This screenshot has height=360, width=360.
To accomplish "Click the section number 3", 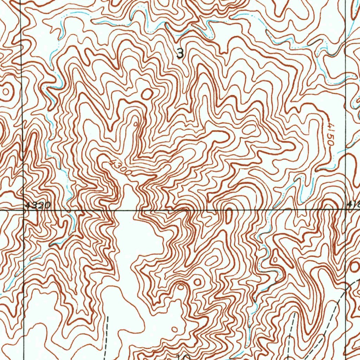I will coord(180,54).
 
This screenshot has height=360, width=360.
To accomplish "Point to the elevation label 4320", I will coord(38,205).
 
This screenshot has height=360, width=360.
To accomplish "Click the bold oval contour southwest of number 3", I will coord(147,94).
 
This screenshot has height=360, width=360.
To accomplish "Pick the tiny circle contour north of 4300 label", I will coord(136,124).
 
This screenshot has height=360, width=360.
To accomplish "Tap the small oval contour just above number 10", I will coord(175,329).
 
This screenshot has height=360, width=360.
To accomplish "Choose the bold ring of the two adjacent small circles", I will coord(198,282).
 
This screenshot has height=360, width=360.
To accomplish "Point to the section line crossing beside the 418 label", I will coord(346,210).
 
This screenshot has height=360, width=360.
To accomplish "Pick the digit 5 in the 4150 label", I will coord(330,136).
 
